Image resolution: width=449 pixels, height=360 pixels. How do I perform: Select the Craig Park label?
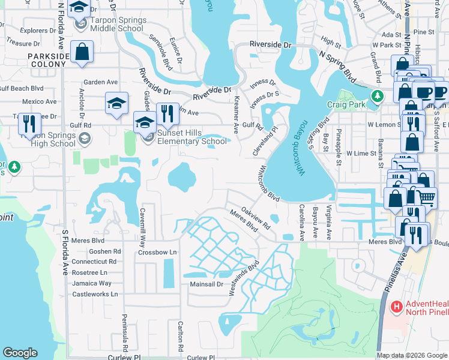click(x=345, y=104)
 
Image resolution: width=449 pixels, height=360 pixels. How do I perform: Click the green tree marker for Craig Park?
click(x=377, y=95)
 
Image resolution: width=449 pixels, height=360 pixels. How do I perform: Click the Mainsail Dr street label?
click(x=206, y=284)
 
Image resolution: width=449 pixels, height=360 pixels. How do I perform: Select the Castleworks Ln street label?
click(x=95, y=294)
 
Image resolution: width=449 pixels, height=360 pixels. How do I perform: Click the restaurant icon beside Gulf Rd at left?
click(x=29, y=124)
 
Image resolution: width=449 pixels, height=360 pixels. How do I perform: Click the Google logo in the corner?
click(x=20, y=353)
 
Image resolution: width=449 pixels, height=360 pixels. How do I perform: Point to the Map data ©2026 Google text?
click(x=412, y=355)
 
